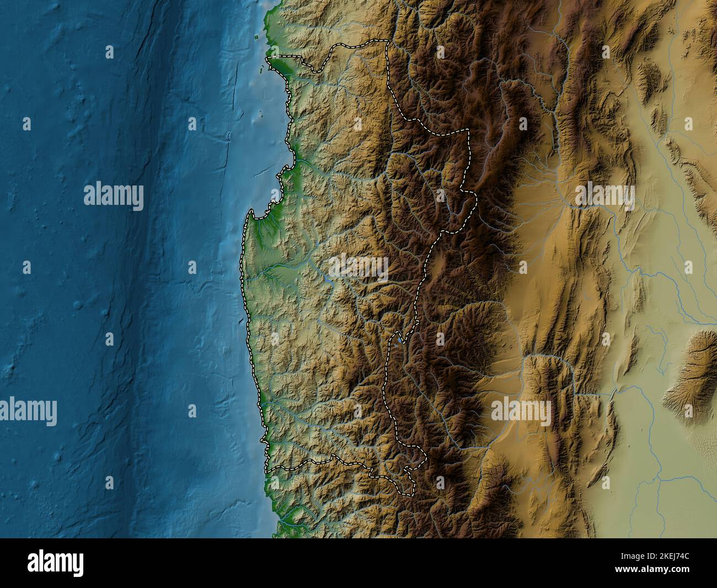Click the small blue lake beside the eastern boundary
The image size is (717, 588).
tap(399, 340)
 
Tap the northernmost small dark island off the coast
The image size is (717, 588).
tap(256, 38)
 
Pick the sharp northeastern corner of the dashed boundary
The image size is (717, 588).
tap(468, 130)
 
